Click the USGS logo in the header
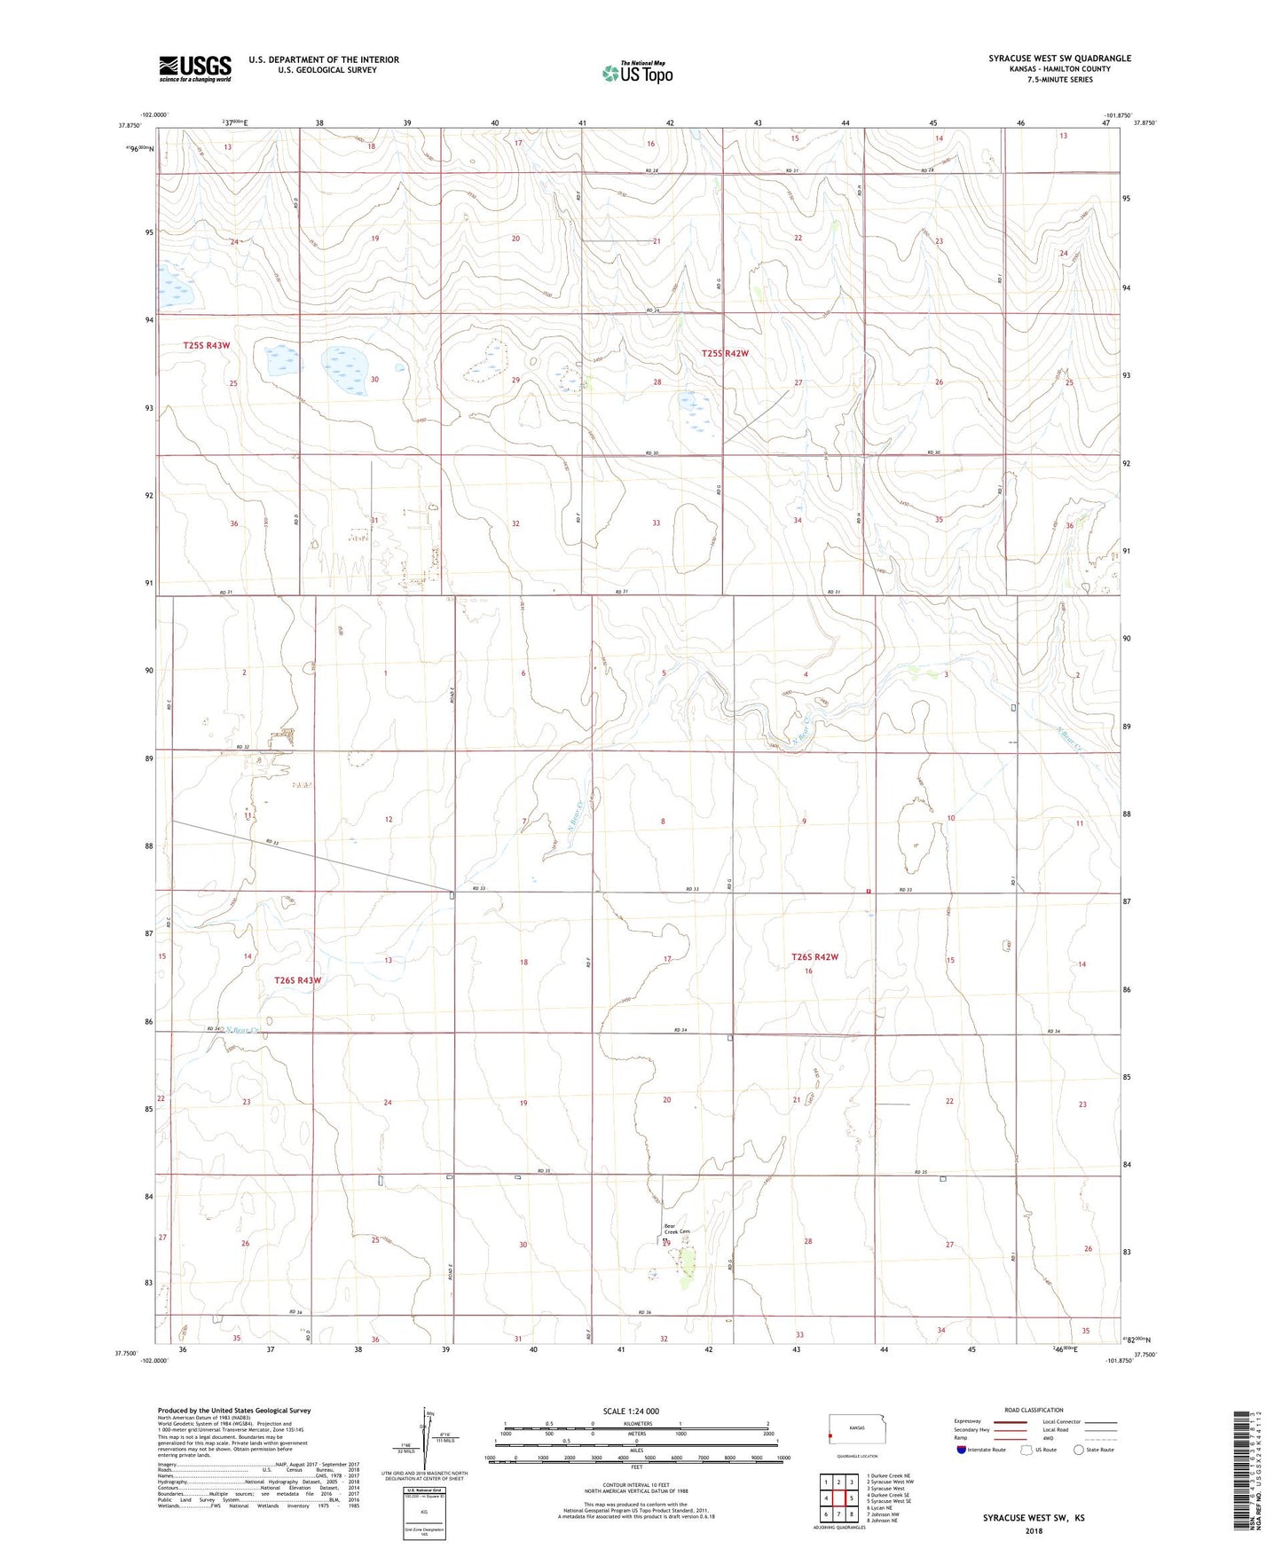coord(195,67)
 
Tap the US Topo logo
coord(637,73)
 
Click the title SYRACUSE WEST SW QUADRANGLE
coord(1059,59)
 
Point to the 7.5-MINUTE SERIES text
coord(1059,80)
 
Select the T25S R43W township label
coord(212,345)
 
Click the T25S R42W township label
coord(725,353)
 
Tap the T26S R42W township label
coord(814,957)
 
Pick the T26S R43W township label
coord(297,980)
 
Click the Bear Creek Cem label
coord(676,1231)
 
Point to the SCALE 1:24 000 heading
coord(631,1411)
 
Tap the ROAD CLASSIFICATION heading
coord(1034,1410)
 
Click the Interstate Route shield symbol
coord(962,1450)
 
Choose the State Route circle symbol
coord(1078,1450)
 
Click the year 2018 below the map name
coord(1033,1530)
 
